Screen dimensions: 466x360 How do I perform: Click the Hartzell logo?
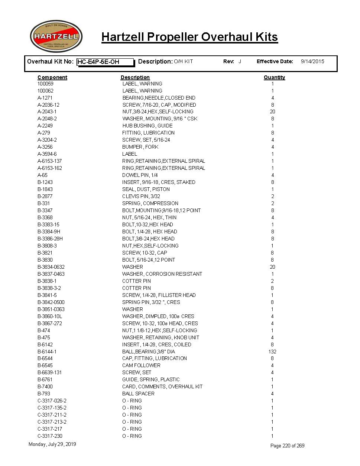point(56,36)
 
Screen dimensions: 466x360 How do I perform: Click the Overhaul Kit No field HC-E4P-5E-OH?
point(105,62)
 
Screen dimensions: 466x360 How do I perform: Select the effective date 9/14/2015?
point(312,62)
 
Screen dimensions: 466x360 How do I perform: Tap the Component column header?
point(52,77)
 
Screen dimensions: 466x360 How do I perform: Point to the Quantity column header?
point(274,77)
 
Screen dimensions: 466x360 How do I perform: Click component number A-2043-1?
point(47,111)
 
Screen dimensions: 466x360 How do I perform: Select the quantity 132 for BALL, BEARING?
point(272,352)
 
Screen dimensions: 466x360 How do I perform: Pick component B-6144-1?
point(47,352)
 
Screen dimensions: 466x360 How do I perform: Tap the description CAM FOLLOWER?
point(141,365)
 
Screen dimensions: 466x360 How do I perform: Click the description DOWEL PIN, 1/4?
point(140,175)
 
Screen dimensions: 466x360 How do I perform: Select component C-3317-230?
point(50,436)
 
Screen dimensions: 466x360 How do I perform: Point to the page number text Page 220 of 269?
point(287,446)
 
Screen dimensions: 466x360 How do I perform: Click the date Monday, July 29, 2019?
point(52,444)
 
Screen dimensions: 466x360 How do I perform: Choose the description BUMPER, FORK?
point(140,147)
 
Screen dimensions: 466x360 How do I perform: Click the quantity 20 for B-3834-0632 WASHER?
point(272,267)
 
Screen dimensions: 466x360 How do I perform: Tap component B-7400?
point(45,386)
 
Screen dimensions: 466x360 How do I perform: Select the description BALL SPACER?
point(138,394)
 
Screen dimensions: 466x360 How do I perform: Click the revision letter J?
point(240,62)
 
